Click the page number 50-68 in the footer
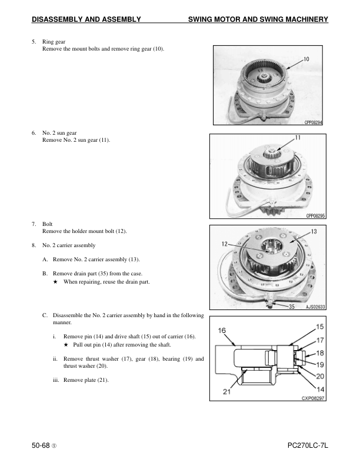pos(44,447)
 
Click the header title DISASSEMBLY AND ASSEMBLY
pos(86,20)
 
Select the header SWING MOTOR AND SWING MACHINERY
pos(258,20)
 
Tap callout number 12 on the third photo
pos(224,243)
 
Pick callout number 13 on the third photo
pos(314,231)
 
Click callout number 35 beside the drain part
pos(291,306)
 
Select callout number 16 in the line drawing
pos(223,331)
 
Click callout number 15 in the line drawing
pos(319,326)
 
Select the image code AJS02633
pos(315,307)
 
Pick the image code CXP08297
pos(313,398)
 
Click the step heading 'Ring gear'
pos(54,42)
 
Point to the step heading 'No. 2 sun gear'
pos(61,134)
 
